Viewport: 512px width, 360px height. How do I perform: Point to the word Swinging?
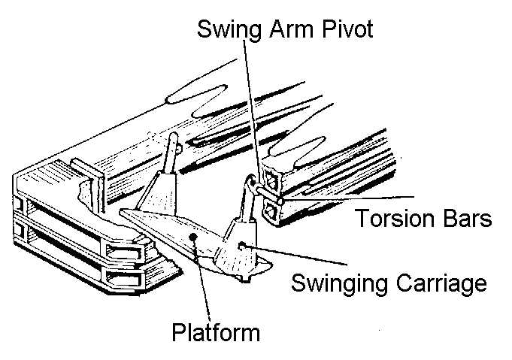click(338, 283)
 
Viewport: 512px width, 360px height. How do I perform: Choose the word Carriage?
click(439, 283)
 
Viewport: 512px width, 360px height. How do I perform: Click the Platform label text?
click(216, 331)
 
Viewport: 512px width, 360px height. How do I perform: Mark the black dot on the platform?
click(195, 237)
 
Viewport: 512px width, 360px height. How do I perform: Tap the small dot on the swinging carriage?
click(241, 246)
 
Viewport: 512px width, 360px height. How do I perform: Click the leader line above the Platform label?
click(201, 278)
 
